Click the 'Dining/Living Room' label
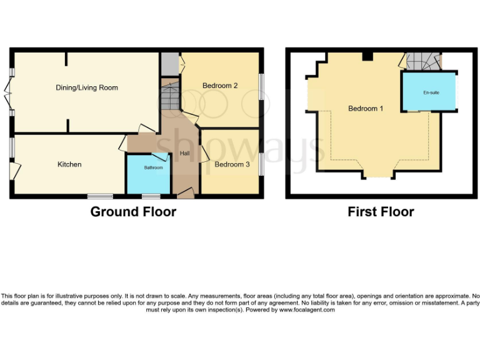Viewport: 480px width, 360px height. point(87,88)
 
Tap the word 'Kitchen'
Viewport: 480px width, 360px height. point(69,164)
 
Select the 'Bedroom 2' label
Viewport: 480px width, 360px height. point(220,86)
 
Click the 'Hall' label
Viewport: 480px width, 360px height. point(185,153)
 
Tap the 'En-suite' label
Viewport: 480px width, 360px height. point(431,92)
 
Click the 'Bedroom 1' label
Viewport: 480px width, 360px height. point(366,108)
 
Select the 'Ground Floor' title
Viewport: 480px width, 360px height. point(133,212)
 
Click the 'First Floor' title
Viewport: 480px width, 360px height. point(381,212)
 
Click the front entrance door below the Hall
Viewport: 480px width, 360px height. point(186,195)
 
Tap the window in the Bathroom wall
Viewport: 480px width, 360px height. point(150,196)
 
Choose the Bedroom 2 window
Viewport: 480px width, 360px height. point(261,88)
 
